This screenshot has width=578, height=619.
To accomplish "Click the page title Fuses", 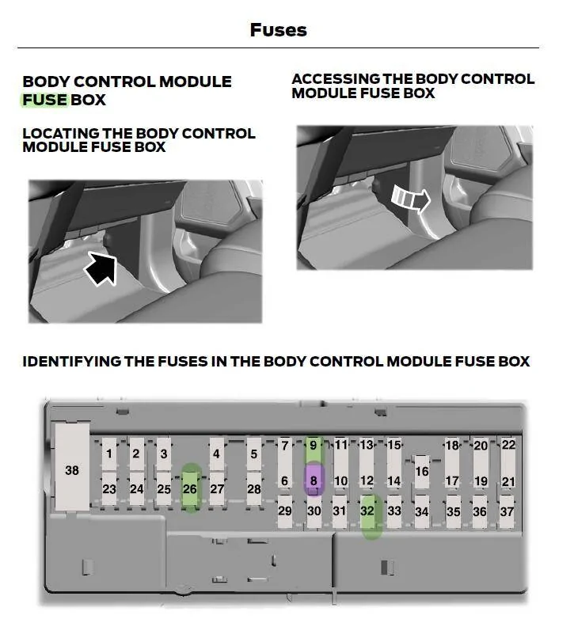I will (x=278, y=30).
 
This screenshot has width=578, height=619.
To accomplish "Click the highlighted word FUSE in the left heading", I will (x=44, y=100).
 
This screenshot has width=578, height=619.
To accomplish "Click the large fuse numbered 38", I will (x=72, y=469).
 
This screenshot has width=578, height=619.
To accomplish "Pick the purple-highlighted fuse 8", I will (x=314, y=480).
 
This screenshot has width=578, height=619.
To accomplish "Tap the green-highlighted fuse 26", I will (x=190, y=488).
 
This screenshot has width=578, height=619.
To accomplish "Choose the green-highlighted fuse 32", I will (x=367, y=511).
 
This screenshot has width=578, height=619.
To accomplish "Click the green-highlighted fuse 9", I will (x=314, y=446).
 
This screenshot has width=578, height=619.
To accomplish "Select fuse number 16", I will (x=422, y=470).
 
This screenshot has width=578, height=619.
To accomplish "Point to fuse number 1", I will (x=109, y=454).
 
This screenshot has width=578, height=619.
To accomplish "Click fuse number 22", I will (x=508, y=446).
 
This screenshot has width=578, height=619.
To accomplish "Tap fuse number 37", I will (x=508, y=511).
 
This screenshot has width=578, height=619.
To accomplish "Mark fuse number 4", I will (x=216, y=454).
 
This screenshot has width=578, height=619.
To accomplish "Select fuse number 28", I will (x=254, y=488).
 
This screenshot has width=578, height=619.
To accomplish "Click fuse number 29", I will (x=285, y=511).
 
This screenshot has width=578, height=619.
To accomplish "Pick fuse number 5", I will (x=254, y=454).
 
